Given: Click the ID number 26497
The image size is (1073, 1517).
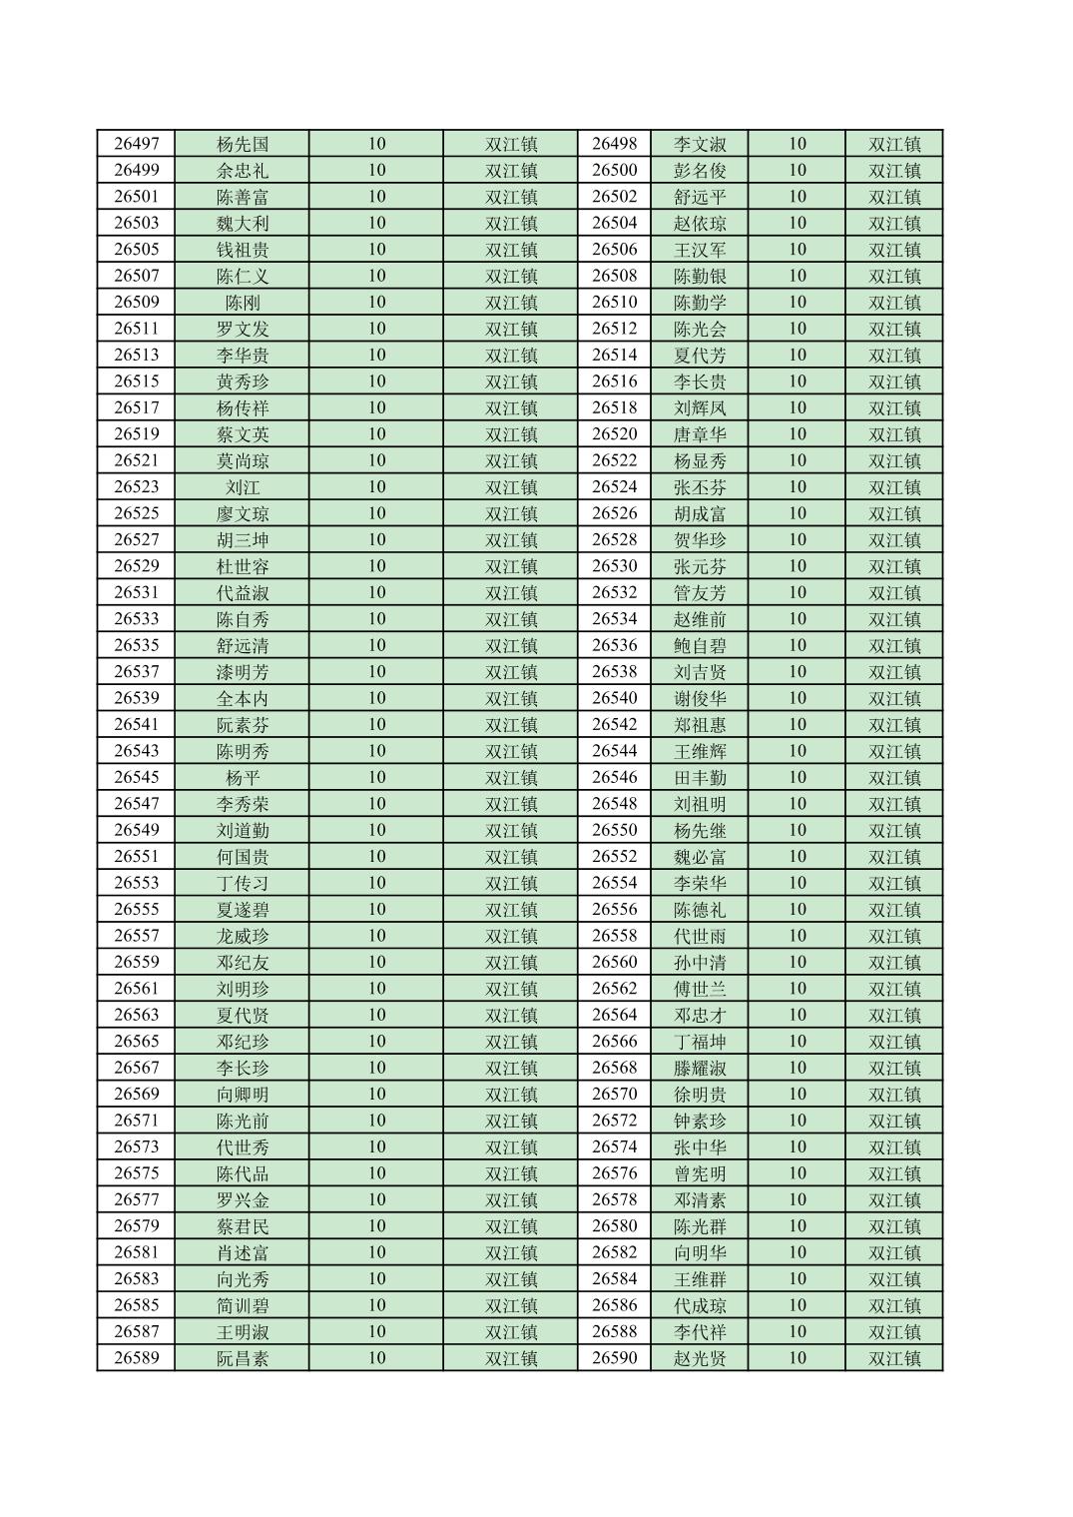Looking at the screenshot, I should coord(136,144).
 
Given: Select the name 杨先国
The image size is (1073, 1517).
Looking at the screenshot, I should coord(243,144).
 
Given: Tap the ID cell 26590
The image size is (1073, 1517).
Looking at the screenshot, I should coord(614,1358).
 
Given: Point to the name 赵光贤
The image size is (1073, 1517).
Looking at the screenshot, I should coord(700,1358).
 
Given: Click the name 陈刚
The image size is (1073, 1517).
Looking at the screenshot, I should coord(243,303).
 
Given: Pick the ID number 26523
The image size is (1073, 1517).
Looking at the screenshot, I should coord(136,487).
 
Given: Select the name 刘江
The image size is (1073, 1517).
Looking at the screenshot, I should coord(243,487).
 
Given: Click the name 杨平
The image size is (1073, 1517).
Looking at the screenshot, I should coord(243,778).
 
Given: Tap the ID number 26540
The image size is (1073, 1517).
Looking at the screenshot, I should coord(614,698).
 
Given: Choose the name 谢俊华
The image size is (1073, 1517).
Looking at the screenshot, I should coord(700,698).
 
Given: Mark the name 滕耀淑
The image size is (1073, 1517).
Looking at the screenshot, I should coord(700,1068).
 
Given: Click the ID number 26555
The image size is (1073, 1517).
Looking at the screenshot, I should coord(136,910).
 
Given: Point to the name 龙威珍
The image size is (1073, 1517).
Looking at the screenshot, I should coord(243,936).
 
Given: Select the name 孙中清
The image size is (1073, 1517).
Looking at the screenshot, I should coord(700,963).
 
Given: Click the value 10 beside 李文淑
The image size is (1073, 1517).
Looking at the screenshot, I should coord(797,144).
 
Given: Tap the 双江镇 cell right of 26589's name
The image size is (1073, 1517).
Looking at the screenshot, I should coord(511,1358).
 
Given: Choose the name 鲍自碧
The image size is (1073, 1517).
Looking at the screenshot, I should coord(700,645).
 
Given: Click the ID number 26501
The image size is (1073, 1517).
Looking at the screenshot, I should coord(136,197).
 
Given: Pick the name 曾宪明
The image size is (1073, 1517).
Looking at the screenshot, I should coord(700,1173).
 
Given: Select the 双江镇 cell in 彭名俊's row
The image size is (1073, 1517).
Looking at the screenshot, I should coord(894,171).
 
